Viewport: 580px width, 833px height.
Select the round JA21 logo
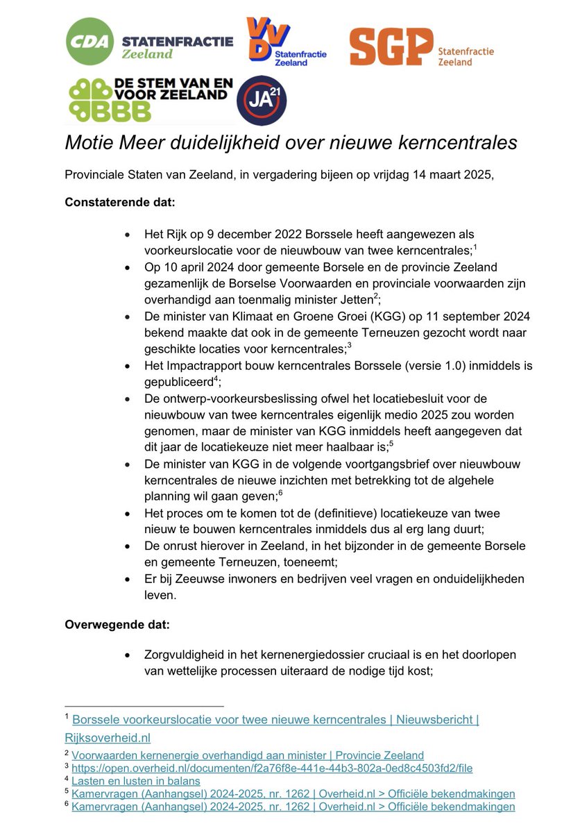click(262, 101)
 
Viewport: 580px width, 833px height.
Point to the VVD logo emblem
click(268, 40)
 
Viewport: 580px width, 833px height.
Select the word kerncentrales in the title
click(460, 142)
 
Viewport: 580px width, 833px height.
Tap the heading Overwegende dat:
click(117, 624)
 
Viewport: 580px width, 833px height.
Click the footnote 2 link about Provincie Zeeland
click(248, 755)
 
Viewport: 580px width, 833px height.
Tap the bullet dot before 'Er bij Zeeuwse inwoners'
click(126, 579)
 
